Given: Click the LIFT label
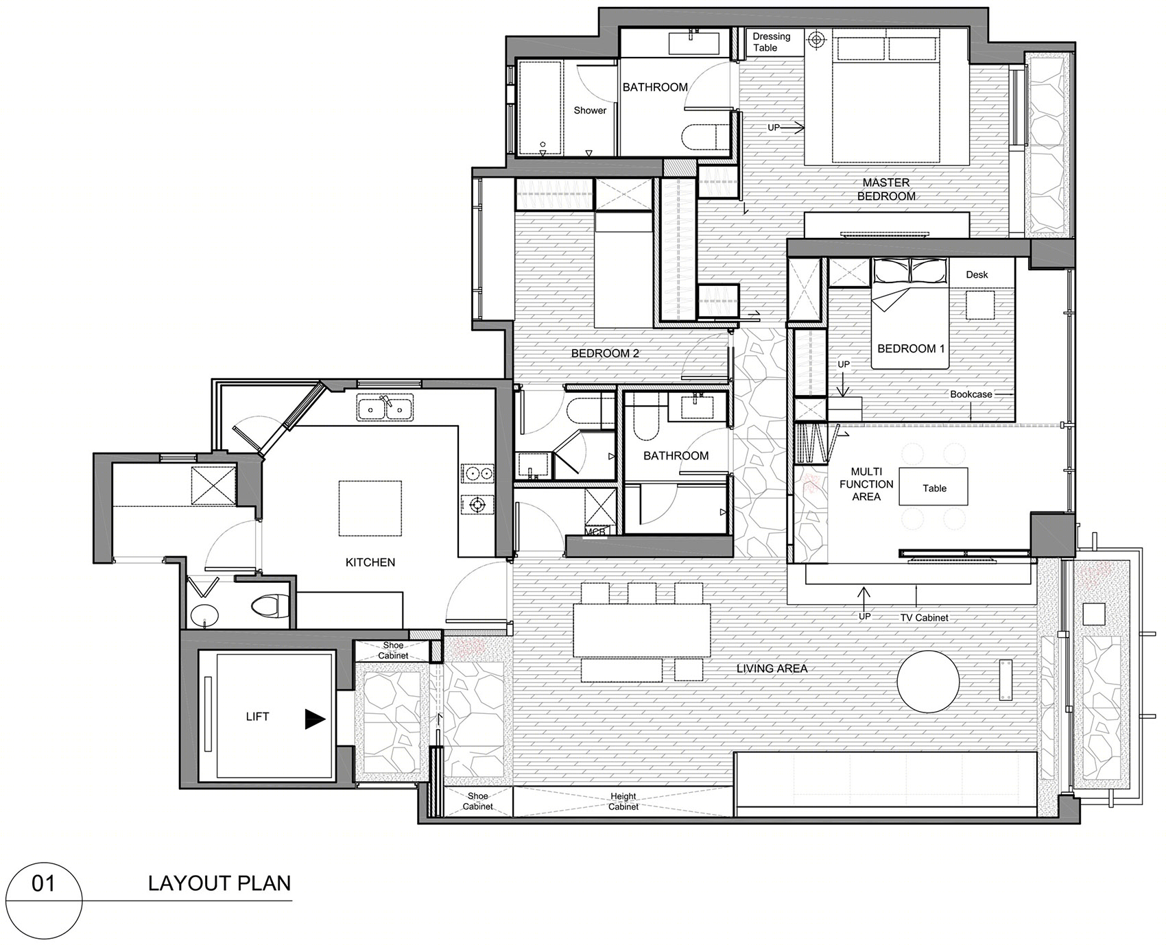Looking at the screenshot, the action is (257, 717).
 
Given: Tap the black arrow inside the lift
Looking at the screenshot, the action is (315, 719).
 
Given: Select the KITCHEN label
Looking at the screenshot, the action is (370, 562).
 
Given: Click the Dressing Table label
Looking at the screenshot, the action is (772, 42).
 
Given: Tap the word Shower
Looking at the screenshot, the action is (590, 110).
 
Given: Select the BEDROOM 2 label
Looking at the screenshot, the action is (605, 354).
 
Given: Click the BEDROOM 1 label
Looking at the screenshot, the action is (911, 348).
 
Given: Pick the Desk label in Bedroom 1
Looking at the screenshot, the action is (977, 274).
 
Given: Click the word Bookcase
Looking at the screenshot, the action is (971, 394).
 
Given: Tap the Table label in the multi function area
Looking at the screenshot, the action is (934, 488).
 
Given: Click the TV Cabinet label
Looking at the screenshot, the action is (924, 617).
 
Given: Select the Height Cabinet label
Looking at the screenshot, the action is (623, 802).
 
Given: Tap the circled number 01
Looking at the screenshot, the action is (43, 883).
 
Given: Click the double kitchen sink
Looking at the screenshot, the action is (385, 407).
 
